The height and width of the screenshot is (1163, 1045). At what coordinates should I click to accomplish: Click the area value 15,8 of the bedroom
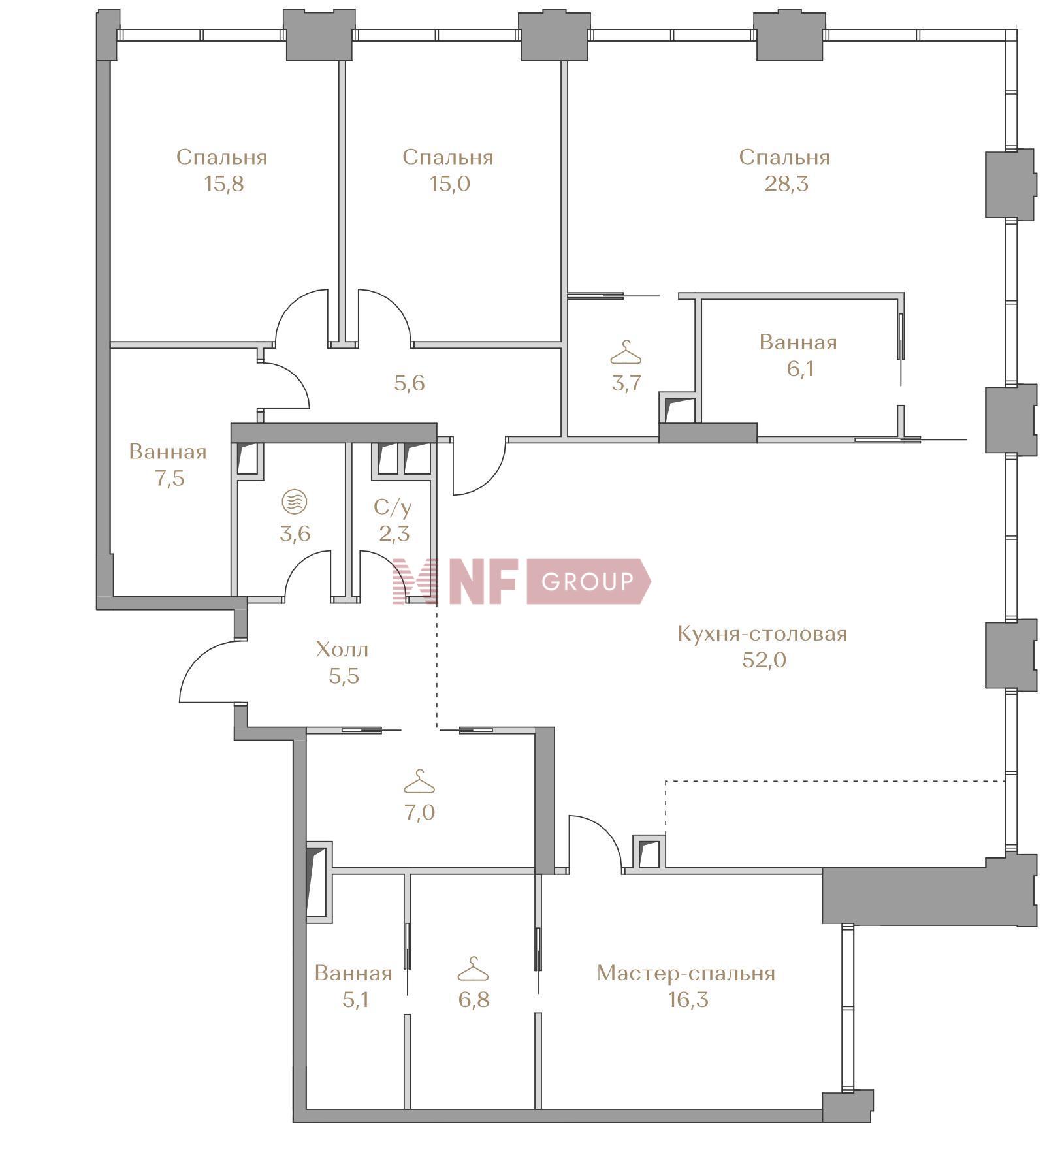[223, 184]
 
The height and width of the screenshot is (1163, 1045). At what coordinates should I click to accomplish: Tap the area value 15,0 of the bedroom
[449, 184]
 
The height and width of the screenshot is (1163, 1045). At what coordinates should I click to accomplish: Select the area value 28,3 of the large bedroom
[786, 184]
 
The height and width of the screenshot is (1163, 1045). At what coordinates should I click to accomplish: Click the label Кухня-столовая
[762, 633]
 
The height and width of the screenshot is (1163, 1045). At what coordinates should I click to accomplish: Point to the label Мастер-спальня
[686, 973]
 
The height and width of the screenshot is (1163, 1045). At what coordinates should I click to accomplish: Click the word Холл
[342, 649]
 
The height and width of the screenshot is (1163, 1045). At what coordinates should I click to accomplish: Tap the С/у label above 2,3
[393, 507]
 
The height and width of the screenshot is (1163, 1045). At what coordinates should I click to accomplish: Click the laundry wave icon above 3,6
[294, 502]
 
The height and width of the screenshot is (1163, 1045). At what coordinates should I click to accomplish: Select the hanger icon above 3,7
[626, 353]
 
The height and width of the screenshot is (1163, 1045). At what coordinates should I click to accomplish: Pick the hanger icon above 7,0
[419, 782]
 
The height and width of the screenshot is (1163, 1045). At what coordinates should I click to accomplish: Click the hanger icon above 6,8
[473, 969]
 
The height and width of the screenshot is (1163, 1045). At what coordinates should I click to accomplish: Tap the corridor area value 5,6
[410, 383]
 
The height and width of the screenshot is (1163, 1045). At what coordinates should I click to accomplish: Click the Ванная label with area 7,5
[168, 452]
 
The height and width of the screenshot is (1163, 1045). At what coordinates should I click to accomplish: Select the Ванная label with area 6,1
[797, 342]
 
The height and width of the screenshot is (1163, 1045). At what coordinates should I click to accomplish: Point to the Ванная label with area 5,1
[353, 973]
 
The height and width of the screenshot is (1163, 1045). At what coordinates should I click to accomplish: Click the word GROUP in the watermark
[587, 581]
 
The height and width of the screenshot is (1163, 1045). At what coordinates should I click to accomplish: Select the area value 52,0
[764, 660]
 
